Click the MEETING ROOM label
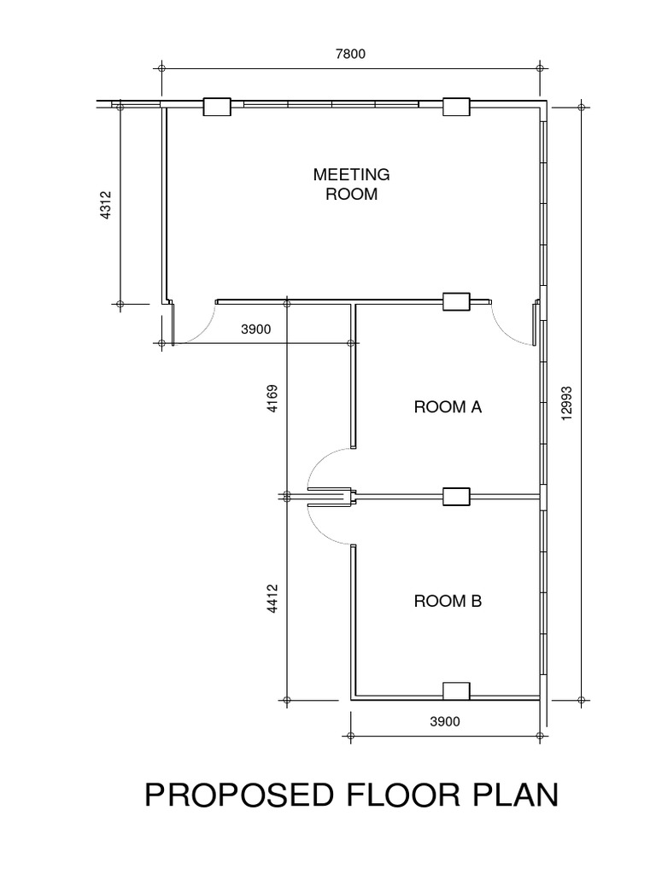tap(351, 184)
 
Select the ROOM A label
tap(448, 407)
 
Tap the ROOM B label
tap(448, 601)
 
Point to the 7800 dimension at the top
tap(351, 54)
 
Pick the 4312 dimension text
tap(106, 206)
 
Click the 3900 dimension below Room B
tap(444, 721)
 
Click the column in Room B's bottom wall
tap(456, 691)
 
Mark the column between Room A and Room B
tap(456, 496)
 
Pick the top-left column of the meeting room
tap(216, 107)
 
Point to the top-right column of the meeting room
tap(456, 107)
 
